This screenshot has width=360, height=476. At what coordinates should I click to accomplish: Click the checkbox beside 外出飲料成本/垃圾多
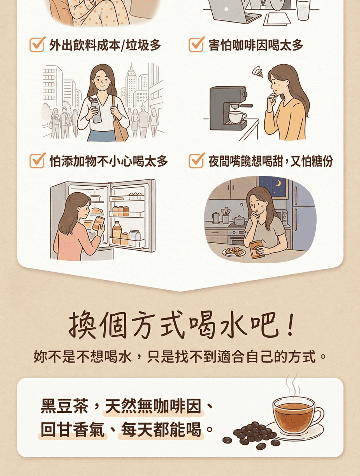37,45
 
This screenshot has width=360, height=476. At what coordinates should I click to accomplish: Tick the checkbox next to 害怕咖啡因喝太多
196,45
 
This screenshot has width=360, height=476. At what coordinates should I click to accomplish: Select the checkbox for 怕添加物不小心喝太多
37,161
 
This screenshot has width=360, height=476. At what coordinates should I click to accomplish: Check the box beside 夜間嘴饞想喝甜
196,161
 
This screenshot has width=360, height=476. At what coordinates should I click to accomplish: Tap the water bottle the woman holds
95,110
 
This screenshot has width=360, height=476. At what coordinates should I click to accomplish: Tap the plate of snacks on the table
234,252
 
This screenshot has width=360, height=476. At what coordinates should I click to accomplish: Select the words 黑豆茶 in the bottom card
64,406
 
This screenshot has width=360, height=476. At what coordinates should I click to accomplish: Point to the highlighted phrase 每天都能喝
161,430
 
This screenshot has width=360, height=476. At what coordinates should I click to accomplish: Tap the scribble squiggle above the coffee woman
258,72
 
